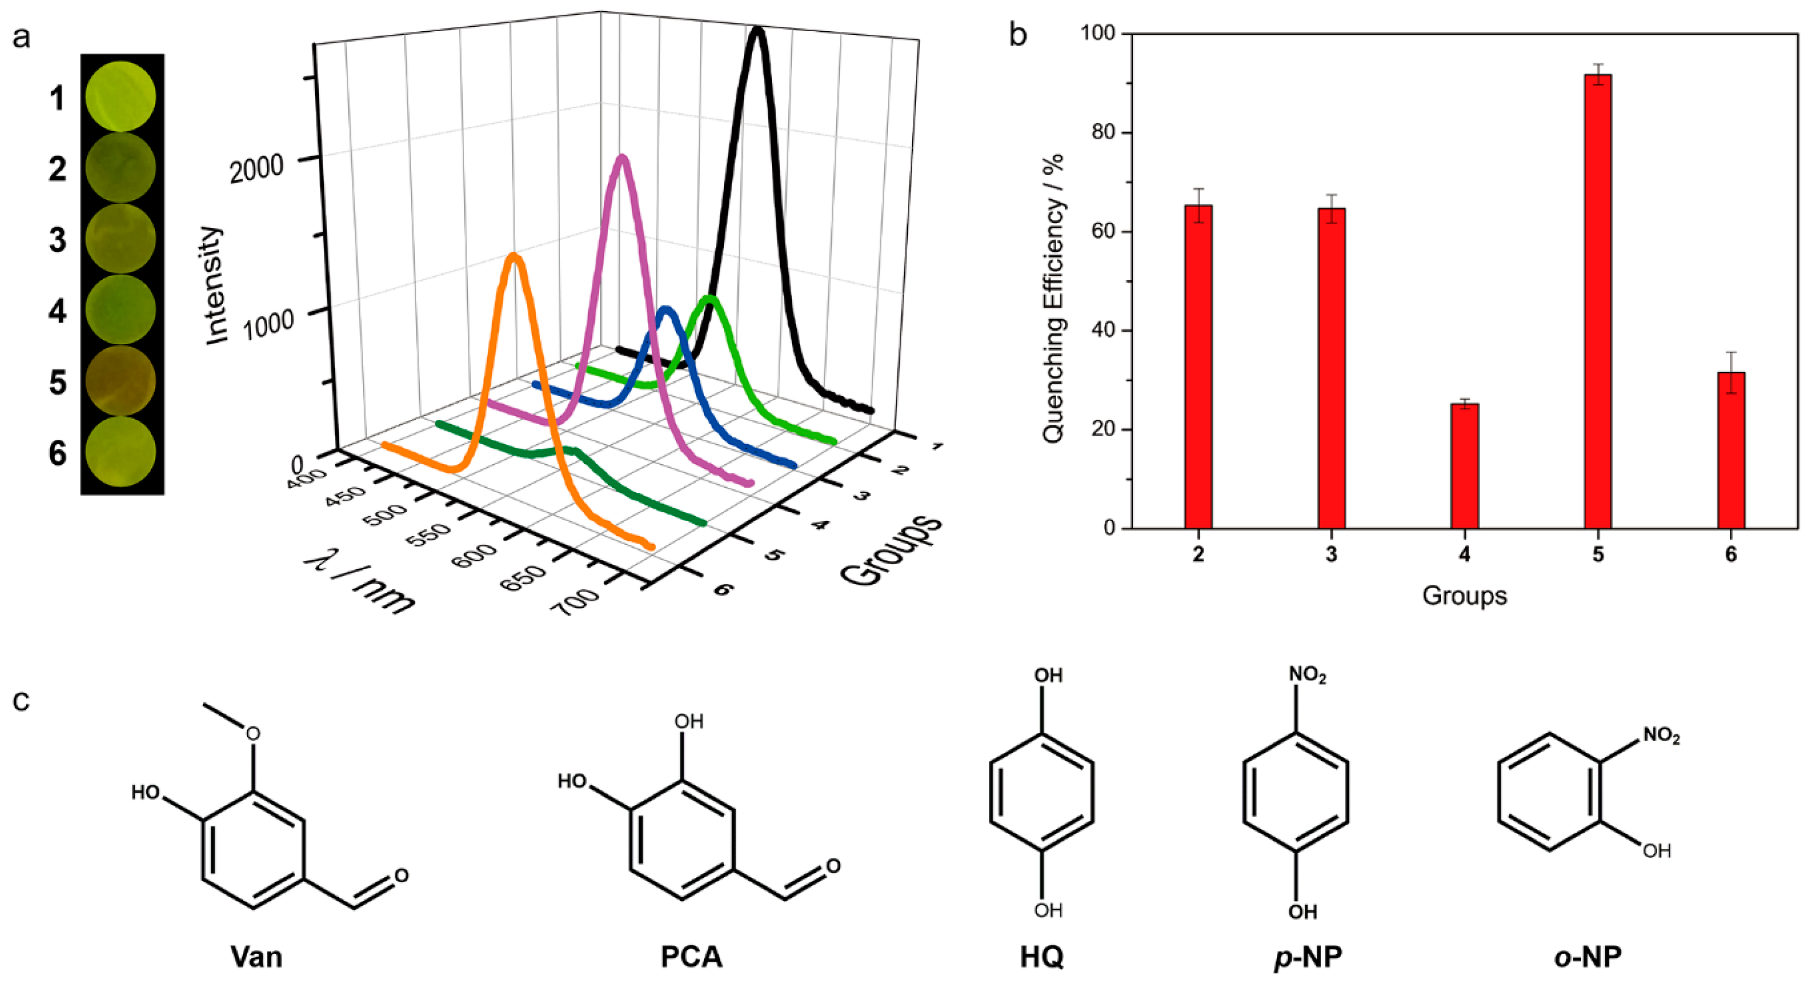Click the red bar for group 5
point(1597,302)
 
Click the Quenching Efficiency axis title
point(1053,298)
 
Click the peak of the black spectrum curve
point(757,31)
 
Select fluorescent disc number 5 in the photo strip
point(121,380)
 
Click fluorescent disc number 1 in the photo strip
point(121,96)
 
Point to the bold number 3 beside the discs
point(57,240)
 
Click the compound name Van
point(256,956)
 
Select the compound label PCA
point(691,956)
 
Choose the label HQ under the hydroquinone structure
point(1042,956)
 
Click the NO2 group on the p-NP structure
point(1307,676)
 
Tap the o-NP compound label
point(1587,956)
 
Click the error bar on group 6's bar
point(1731,372)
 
